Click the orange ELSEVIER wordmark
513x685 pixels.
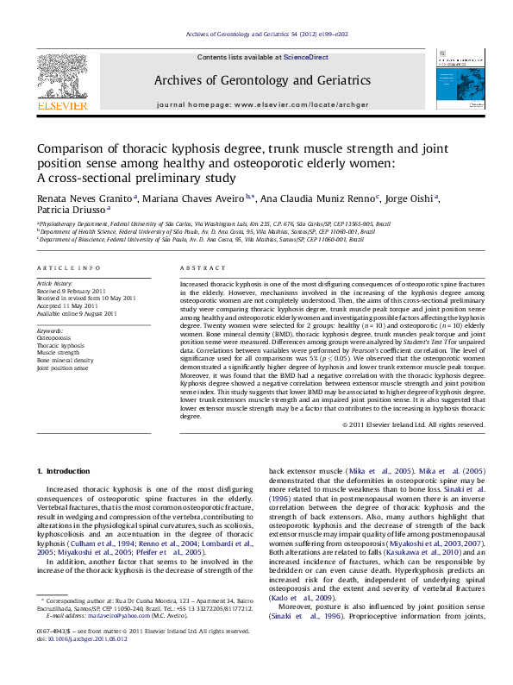[x=62, y=106]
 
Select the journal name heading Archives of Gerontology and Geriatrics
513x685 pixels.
[x=262, y=80]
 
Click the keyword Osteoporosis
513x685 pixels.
[x=54, y=338]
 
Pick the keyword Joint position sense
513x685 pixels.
[x=62, y=368]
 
